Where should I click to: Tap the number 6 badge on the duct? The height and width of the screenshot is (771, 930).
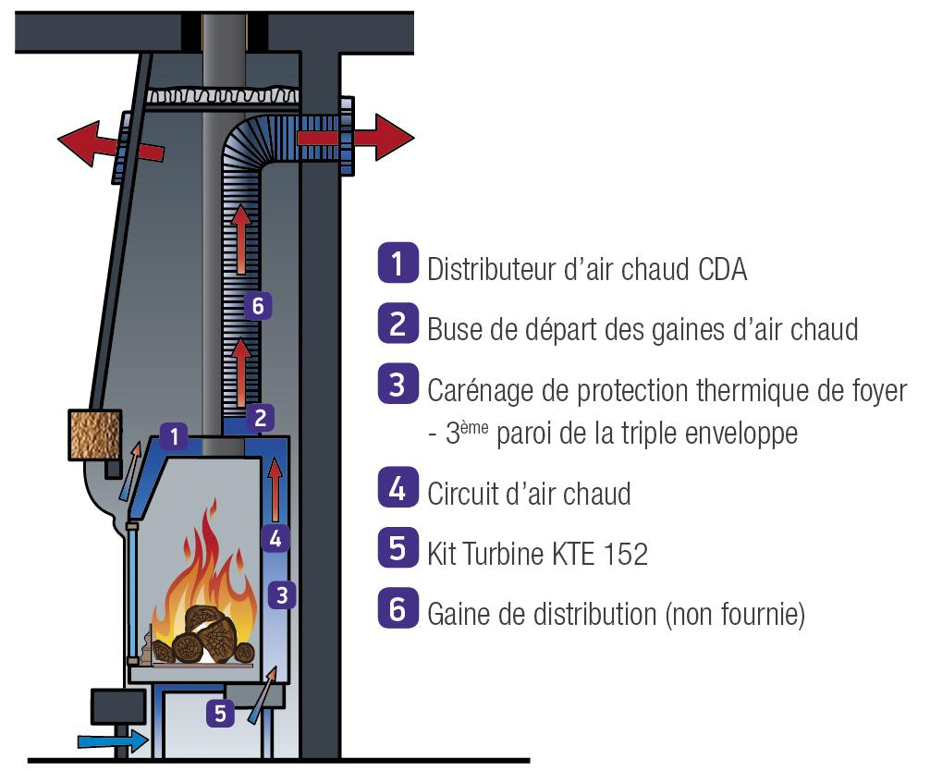click(x=260, y=305)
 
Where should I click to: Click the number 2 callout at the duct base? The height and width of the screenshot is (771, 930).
click(x=260, y=417)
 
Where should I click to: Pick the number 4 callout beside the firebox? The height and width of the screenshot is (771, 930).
click(x=275, y=536)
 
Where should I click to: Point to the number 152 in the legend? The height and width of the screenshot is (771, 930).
click(x=625, y=554)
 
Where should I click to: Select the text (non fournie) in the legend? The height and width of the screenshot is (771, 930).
click(x=734, y=613)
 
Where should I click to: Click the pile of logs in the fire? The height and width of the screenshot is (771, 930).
click(x=203, y=637)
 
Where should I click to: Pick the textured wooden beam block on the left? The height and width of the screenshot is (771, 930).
click(x=95, y=434)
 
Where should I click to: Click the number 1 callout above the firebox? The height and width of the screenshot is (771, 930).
click(x=174, y=434)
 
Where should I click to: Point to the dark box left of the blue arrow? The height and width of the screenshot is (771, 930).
click(x=117, y=705)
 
